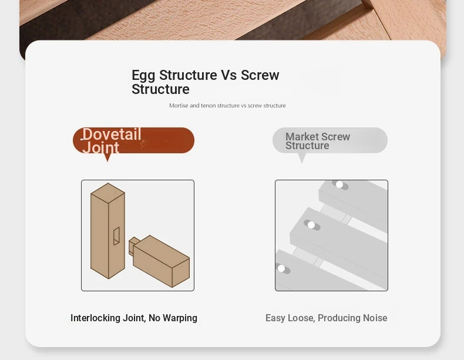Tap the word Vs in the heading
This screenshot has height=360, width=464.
[228, 75]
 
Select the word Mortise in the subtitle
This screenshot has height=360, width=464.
[179, 105]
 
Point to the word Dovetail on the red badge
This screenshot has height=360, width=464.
[112, 134]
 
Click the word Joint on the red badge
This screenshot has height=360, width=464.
[101, 147]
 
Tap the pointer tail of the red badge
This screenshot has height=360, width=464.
[107, 157]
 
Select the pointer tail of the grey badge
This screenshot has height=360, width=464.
[302, 158]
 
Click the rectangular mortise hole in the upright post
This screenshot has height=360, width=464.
[117, 236]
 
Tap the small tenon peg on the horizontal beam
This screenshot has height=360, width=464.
[132, 246]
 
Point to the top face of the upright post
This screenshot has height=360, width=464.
[107, 193]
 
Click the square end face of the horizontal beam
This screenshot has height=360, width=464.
[181, 272]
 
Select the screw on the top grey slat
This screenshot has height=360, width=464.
[339, 184]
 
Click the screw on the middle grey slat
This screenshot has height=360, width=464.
[311, 225]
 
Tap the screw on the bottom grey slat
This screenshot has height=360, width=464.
[281, 268]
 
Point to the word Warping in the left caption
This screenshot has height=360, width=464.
[180, 318]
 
